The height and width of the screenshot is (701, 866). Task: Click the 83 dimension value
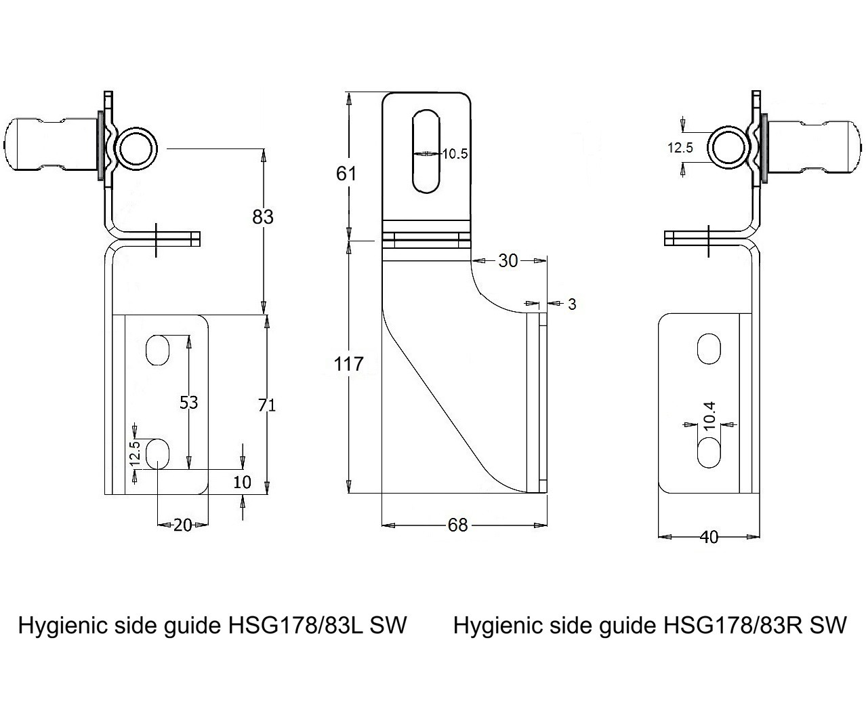(x=263, y=217)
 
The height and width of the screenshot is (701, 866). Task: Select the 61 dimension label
(x=346, y=174)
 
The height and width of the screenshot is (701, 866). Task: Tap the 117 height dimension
(x=349, y=364)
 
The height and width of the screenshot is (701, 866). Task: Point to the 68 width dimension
(x=458, y=525)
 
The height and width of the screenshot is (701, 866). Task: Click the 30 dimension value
(x=508, y=260)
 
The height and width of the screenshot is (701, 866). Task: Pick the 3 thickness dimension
(x=572, y=304)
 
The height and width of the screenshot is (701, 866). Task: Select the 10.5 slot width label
(x=455, y=154)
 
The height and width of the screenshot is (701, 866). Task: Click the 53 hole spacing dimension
(x=188, y=402)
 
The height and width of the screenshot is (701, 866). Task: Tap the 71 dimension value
(x=267, y=405)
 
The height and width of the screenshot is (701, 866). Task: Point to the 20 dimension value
(x=182, y=525)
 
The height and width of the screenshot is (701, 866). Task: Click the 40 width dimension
(x=709, y=537)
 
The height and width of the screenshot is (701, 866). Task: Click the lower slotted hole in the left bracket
(x=157, y=454)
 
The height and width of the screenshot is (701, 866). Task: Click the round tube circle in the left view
(x=136, y=147)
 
